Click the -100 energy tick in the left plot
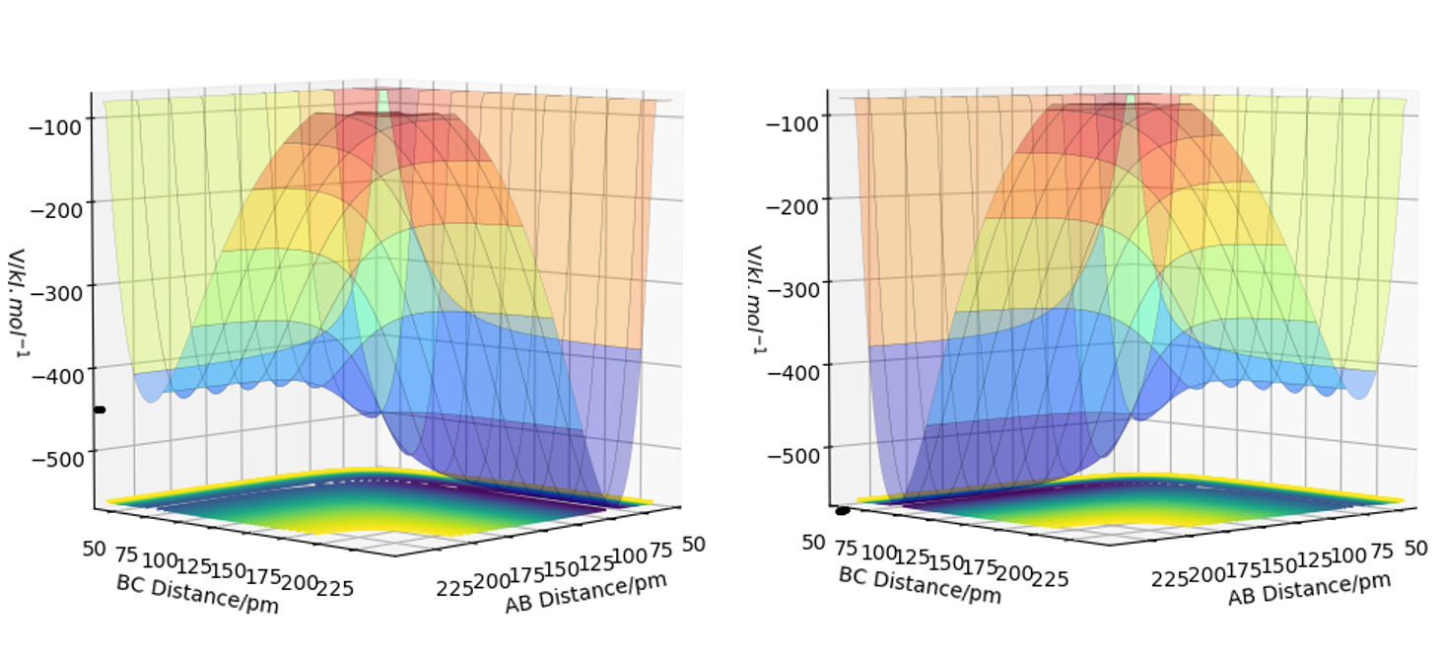pos(61,118)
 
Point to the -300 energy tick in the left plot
pos(61,285)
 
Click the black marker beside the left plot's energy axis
pos(100,409)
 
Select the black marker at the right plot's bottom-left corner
pos(843,510)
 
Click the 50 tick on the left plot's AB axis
pos(694,545)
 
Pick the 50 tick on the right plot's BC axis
pos(812,542)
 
